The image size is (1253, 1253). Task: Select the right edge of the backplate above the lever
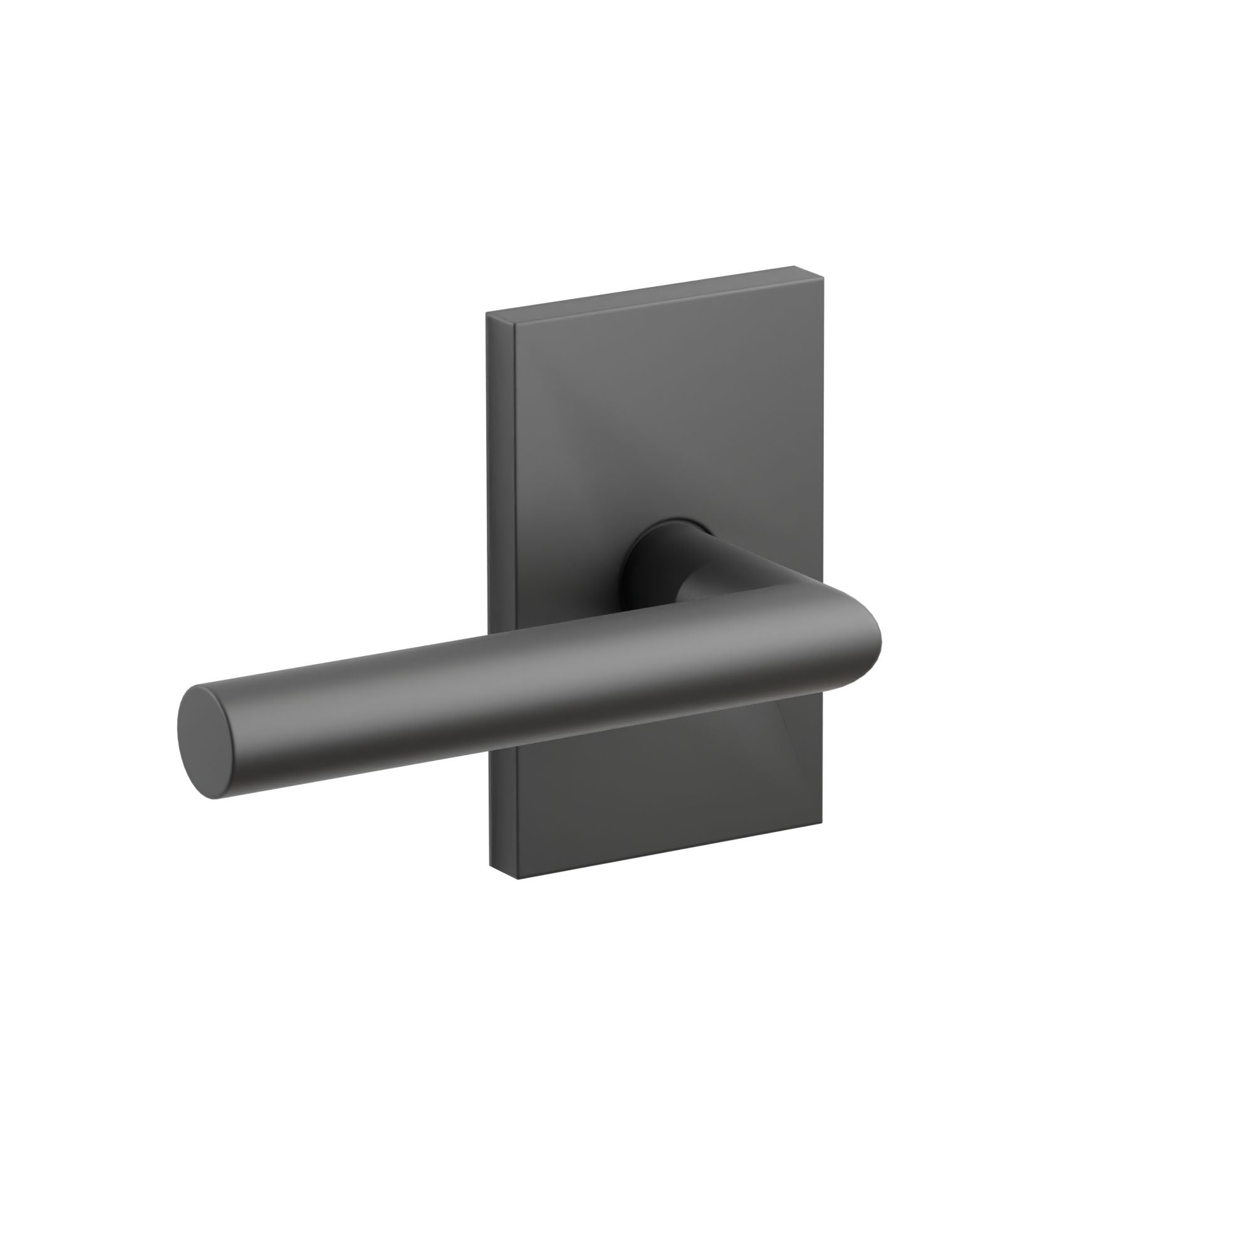pos(819,422)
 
